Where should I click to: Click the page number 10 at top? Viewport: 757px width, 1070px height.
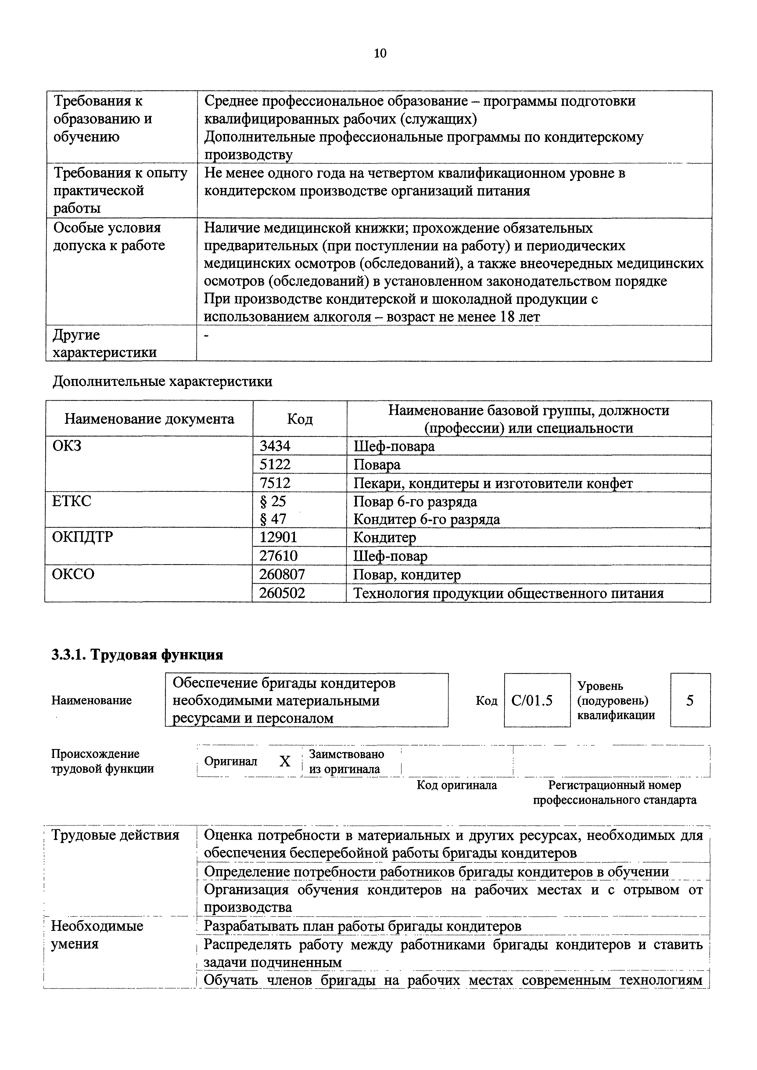coord(380,54)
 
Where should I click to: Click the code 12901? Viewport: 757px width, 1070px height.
coord(278,537)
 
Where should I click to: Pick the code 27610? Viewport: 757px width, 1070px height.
coord(278,556)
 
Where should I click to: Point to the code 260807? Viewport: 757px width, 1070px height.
coord(282,574)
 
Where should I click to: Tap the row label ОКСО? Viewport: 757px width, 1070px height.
coord(73,574)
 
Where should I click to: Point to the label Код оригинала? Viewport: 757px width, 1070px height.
coord(456,785)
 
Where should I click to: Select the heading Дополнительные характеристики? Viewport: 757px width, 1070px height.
coord(162,381)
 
